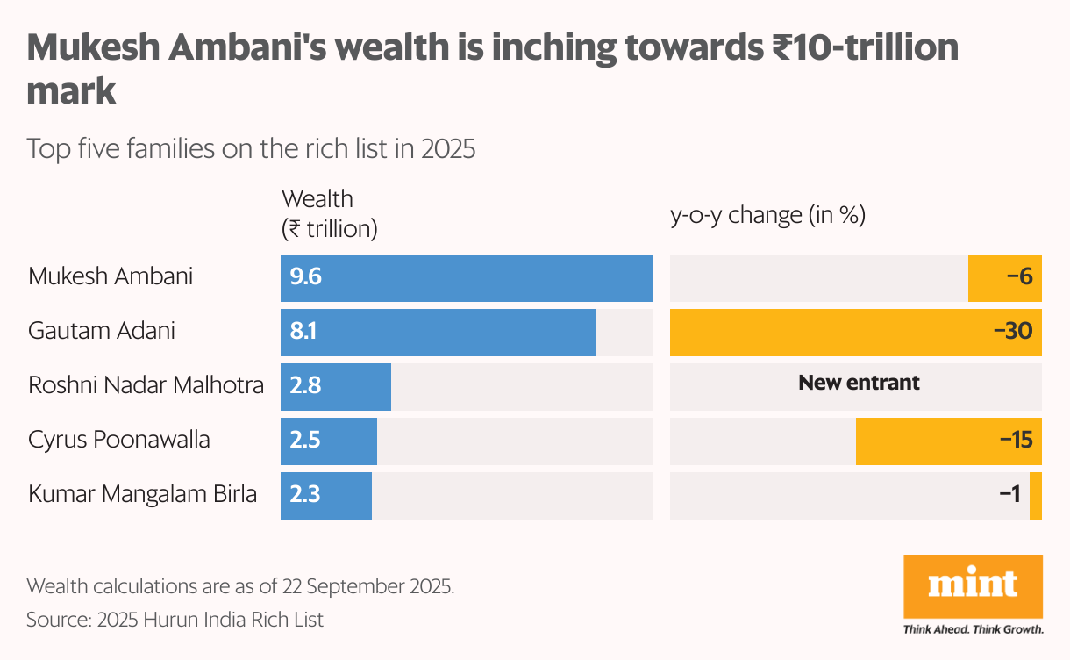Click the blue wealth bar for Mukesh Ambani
pos(466,278)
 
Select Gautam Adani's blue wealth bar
pos(439,333)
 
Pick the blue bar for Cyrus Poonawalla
pos(329,441)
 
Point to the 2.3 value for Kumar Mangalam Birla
pos(306,495)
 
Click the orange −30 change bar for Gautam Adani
pos(855,333)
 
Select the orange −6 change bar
pos(1004,278)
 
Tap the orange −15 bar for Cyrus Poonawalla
pos(948,441)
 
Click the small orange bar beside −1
pos(1036,496)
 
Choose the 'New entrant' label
pos(859,383)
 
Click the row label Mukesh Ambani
pos(111,276)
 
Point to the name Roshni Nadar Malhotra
pos(146,385)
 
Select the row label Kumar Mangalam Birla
pos(142,494)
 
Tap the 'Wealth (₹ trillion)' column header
pos(329,213)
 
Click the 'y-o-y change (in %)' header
pos(767,215)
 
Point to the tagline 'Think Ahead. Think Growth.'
pos(973,629)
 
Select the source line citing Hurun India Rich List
pos(175,620)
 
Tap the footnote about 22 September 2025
pos(240,585)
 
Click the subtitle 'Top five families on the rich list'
pos(251,148)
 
